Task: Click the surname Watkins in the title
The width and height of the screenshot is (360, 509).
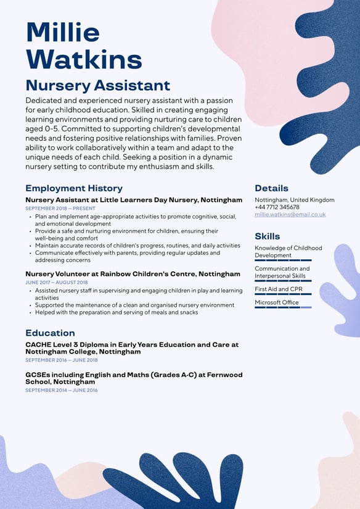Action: click(84, 60)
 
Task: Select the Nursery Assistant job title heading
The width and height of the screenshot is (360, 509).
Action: click(97, 85)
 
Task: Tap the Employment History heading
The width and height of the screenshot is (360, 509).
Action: click(74, 188)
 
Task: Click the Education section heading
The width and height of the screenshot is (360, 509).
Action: click(50, 333)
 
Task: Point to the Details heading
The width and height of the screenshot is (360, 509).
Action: click(271, 188)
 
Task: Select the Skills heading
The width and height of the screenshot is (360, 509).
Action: click(267, 236)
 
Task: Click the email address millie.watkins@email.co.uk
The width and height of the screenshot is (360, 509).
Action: click(290, 215)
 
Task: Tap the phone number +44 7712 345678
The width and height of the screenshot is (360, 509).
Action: click(277, 207)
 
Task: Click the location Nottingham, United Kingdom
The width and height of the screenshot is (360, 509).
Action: click(294, 200)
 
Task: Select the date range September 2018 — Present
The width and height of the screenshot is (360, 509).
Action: click(60, 209)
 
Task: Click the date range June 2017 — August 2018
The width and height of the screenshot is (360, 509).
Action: click(57, 282)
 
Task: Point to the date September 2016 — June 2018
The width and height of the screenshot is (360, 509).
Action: click(61, 360)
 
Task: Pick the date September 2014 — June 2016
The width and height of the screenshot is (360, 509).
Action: click(61, 390)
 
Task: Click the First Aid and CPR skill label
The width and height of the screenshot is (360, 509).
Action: click(278, 289)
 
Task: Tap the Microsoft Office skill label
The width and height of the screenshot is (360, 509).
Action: click(276, 302)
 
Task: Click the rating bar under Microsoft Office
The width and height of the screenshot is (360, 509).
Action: click(283, 307)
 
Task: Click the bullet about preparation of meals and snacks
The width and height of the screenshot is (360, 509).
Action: click(117, 312)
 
